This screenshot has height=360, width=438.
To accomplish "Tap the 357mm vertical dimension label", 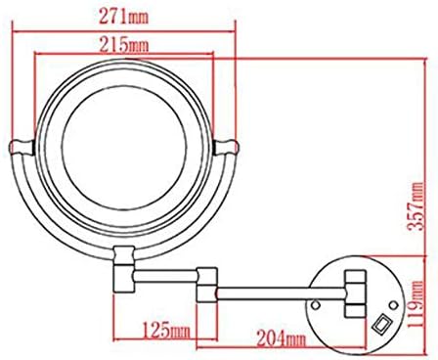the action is [x=416, y=206].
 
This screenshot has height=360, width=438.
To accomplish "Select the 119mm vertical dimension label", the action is [x=416, y=304].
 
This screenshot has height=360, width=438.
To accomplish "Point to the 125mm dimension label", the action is [x=166, y=330].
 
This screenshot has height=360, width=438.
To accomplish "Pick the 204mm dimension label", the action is [x=282, y=338].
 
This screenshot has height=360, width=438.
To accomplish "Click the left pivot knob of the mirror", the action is [x=22, y=147].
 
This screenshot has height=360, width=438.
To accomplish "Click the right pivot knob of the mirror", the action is [x=226, y=147].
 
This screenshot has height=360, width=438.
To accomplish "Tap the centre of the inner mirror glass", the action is [x=124, y=148].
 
